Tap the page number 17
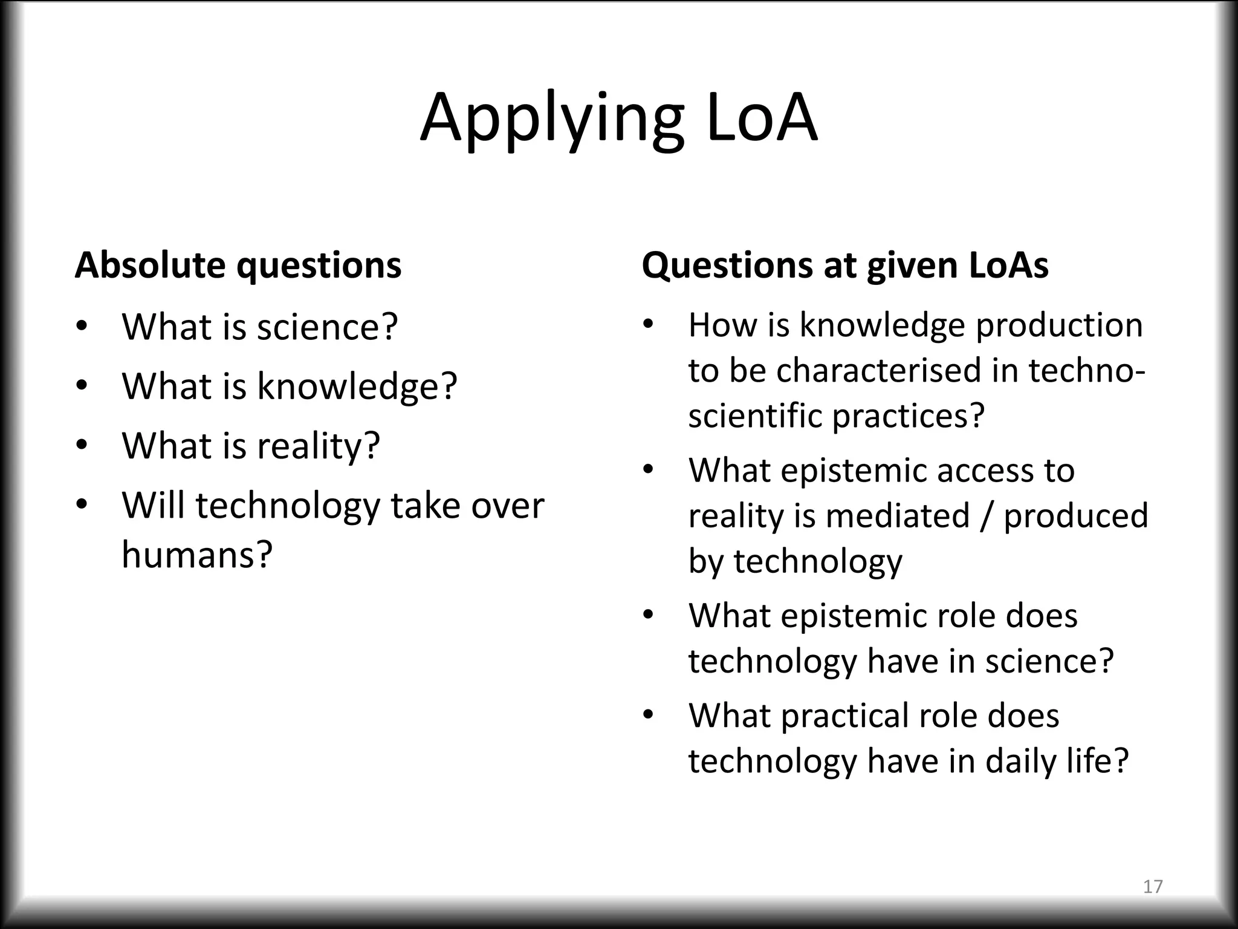pos(1153,886)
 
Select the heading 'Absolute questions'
pos(238,265)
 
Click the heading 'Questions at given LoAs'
pos(844,265)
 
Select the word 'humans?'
pos(197,554)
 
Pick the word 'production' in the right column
pos(1059,325)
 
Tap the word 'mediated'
pos(898,516)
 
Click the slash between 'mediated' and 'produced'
pos(987,516)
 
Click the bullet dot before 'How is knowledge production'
pos(649,325)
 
